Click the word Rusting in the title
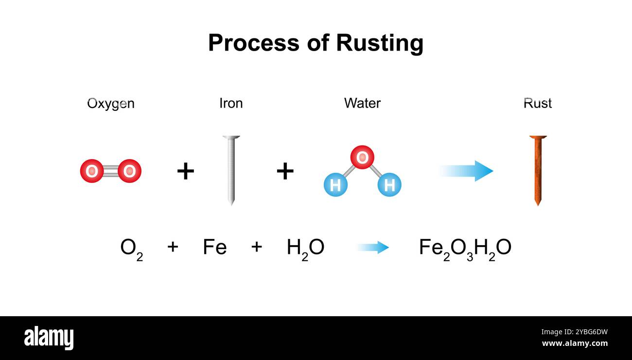click(x=379, y=43)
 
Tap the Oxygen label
click(x=111, y=104)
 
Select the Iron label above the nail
click(x=231, y=103)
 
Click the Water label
click(x=362, y=103)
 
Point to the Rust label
click(x=537, y=103)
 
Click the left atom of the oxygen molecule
click(x=91, y=171)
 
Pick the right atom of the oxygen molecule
click(x=129, y=171)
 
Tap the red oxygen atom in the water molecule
click(x=362, y=157)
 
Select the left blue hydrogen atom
click(x=335, y=185)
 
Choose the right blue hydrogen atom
click(x=389, y=185)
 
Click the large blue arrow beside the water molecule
click(x=467, y=171)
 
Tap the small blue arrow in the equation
click(x=373, y=248)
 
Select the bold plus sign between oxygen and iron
click(x=185, y=171)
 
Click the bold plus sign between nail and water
click(x=285, y=171)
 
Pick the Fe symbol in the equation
click(x=214, y=248)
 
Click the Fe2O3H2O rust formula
click(x=465, y=249)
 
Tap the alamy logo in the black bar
click(x=49, y=338)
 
